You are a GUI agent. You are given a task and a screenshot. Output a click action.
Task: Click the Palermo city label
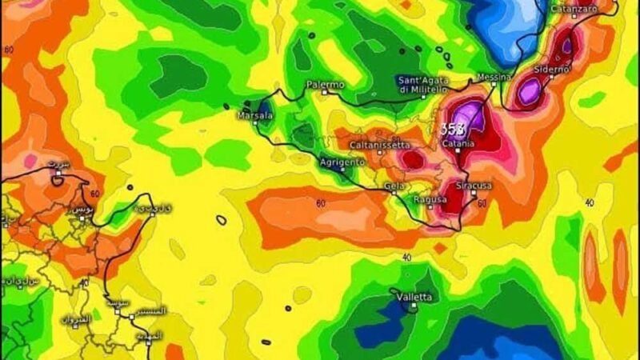pyautogui.click(x=325, y=84)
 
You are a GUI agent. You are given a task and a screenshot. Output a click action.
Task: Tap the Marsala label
pyautogui.click(x=255, y=116)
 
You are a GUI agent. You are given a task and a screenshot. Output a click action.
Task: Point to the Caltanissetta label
pyautogui.click(x=380, y=145)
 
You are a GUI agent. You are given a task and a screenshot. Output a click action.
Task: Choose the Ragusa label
pyautogui.click(x=429, y=198)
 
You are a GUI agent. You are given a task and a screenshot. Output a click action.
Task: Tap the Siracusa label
pyautogui.click(x=473, y=186)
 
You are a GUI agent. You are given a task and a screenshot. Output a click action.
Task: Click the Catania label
pyautogui.click(x=458, y=143)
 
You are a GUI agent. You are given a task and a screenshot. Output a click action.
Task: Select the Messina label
pyautogui.click(x=494, y=76)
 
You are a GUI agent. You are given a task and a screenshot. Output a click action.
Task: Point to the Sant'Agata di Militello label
pyautogui.click(x=428, y=84)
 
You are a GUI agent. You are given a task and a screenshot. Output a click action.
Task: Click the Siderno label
pyautogui.click(x=551, y=70)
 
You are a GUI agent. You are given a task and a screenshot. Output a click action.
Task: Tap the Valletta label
pyautogui.click(x=414, y=297)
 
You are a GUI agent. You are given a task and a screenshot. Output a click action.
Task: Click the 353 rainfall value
pyautogui.click(x=452, y=129)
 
